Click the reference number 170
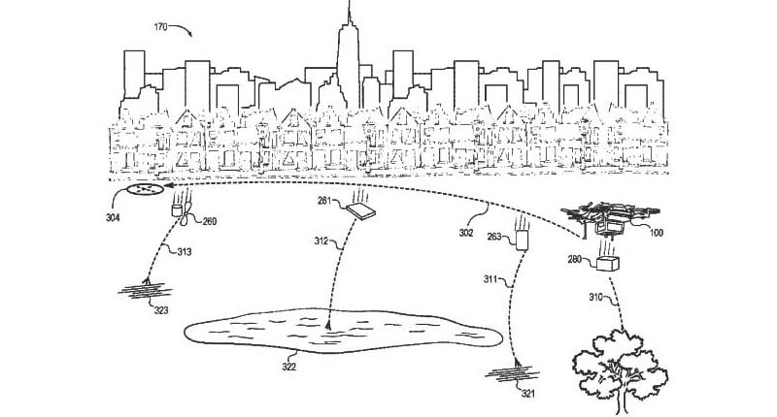pos(160,27)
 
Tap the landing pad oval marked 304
pos(145,188)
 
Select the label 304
pos(113,217)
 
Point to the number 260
pos(210,221)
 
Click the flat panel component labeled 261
pos(360,211)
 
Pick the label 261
pos(324,201)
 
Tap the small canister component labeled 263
pos(522,241)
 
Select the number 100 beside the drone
pos(657,233)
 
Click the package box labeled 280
pos(608,263)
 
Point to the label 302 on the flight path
pos(466,233)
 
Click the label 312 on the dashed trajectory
pos(321,241)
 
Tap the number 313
pos(185,252)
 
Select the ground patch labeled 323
pos(145,290)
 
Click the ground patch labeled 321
pos(513,372)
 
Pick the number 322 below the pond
pos(288,367)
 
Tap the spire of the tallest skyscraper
pos(349,13)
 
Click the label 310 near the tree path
pos(595,297)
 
